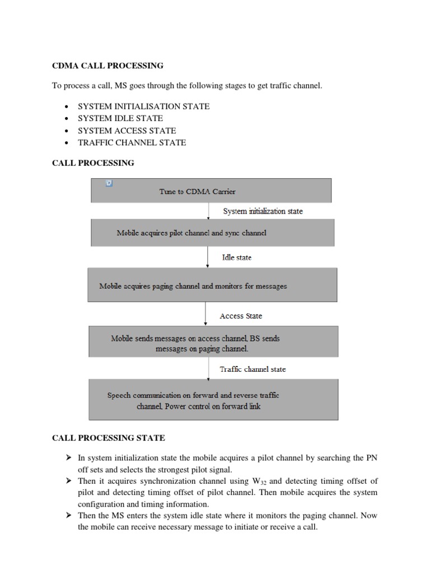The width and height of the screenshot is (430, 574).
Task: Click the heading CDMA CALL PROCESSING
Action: tap(107, 66)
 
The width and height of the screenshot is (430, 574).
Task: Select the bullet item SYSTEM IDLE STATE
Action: tap(120, 118)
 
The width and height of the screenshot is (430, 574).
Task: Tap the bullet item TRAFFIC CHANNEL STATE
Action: tap(132, 142)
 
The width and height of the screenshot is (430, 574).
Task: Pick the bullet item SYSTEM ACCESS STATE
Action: tap(127, 131)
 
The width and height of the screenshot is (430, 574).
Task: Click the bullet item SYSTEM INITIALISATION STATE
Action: tap(144, 106)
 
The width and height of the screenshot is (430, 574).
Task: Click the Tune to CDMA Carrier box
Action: tap(211, 191)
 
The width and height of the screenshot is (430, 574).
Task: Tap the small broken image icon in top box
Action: tap(109, 183)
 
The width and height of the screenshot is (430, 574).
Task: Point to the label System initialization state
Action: tap(263, 211)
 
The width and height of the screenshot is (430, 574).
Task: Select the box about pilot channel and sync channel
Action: tap(213, 233)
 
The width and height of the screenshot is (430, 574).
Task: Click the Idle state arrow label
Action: tap(237, 257)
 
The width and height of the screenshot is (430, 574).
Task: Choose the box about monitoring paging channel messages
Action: tap(212, 285)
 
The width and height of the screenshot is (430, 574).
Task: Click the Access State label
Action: tap(241, 316)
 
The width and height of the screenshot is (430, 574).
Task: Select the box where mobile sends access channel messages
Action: tap(213, 343)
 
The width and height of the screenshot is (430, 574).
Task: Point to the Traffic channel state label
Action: tap(253, 369)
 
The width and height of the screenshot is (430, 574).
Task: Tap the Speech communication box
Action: tap(213, 400)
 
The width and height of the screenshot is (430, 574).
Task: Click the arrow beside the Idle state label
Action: tap(207, 257)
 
